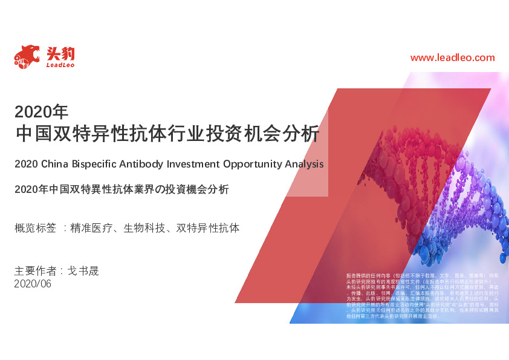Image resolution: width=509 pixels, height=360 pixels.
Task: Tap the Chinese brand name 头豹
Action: pos(60,52)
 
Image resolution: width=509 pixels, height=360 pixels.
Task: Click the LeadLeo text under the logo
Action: pos(60,65)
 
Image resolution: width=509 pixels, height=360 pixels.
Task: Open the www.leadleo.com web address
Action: pos(452,58)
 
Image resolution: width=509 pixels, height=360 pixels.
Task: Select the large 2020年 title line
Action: pos(42,111)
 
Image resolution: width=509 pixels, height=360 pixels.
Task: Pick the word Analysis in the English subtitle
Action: pos(303,164)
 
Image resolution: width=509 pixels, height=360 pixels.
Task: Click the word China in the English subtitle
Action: pos(55,164)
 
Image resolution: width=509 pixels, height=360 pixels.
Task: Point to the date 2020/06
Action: pos(33,283)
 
